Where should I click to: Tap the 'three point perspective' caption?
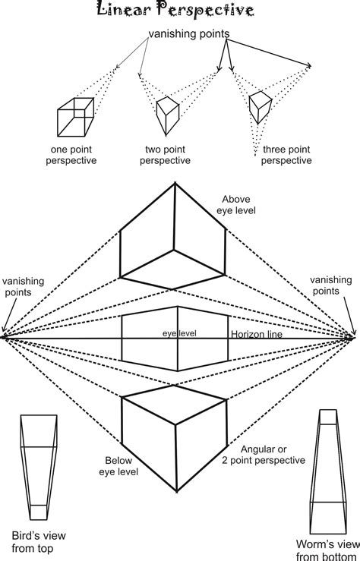coord(283,155)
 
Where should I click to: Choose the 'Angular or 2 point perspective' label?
coord(263,454)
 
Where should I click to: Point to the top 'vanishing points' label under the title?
coord(189,34)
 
